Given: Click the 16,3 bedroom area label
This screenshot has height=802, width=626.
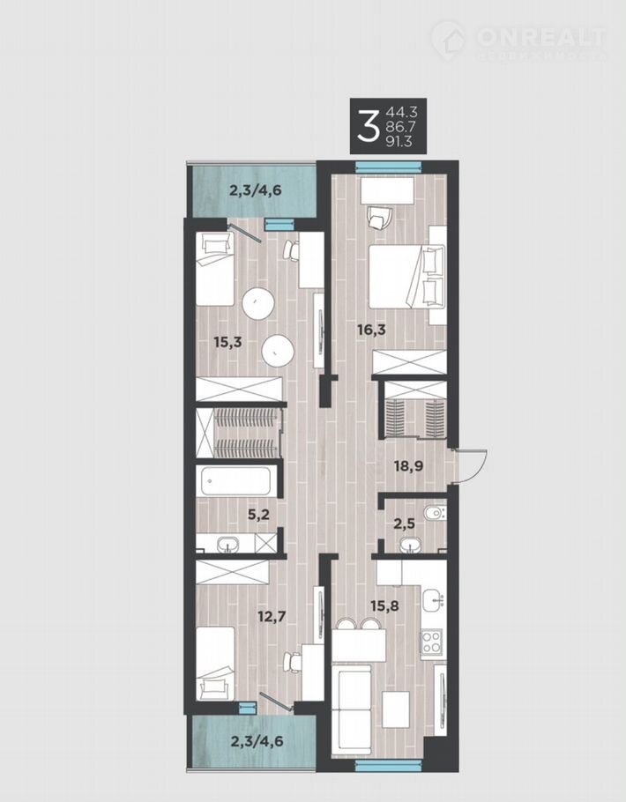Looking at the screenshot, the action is click(x=371, y=330).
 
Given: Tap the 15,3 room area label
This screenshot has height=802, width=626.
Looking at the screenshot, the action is click(x=227, y=342).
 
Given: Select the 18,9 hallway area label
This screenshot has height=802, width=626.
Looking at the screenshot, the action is click(x=408, y=466).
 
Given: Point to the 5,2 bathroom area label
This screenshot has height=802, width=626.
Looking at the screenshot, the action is click(x=258, y=515).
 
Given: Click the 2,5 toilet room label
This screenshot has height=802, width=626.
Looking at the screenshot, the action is click(x=405, y=524).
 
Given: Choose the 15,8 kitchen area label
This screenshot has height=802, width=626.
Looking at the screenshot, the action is click(x=384, y=606).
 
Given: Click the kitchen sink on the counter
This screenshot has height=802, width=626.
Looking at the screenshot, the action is click(x=434, y=598).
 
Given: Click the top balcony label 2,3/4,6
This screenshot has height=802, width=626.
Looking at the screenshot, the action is click(x=256, y=191).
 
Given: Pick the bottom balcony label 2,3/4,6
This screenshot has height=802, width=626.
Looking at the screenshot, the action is click(x=256, y=740).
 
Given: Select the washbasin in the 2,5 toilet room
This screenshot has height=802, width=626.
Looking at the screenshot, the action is click(x=411, y=546).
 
